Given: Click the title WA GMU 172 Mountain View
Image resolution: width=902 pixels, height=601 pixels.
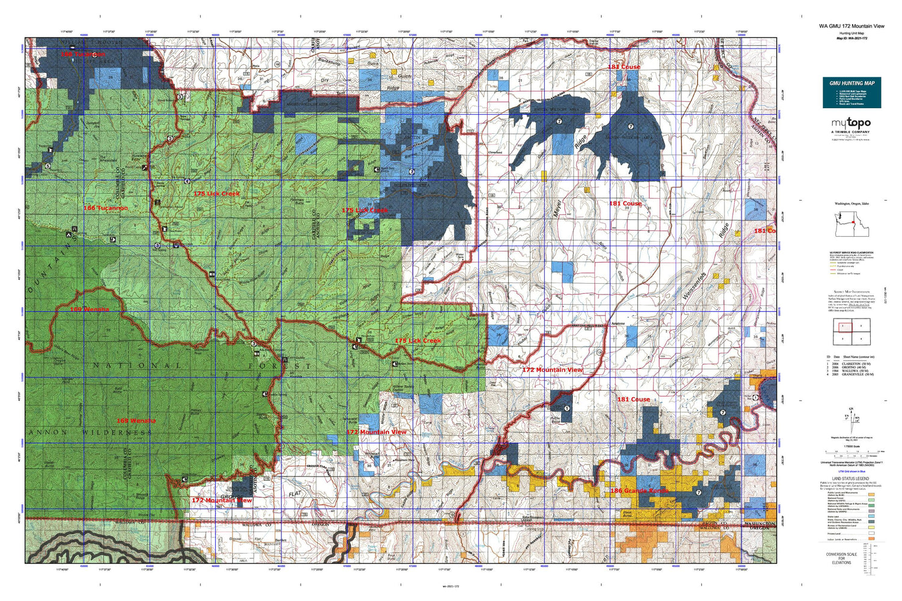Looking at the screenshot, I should [851, 26].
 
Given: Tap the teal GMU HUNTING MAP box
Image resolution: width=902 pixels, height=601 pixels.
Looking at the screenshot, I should [851, 93].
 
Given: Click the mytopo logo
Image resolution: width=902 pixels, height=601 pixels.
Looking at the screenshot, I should [851, 123].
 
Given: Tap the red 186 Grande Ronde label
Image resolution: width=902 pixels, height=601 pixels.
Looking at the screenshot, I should [639, 491].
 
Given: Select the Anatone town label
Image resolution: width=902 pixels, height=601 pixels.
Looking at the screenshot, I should [618, 324].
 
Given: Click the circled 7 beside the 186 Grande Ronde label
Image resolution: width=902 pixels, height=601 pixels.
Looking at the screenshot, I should [698, 493].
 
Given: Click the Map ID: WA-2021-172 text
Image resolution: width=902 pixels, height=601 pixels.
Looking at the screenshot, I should [851, 38].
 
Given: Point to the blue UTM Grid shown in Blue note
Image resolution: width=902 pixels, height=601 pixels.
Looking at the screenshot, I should [851, 473].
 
